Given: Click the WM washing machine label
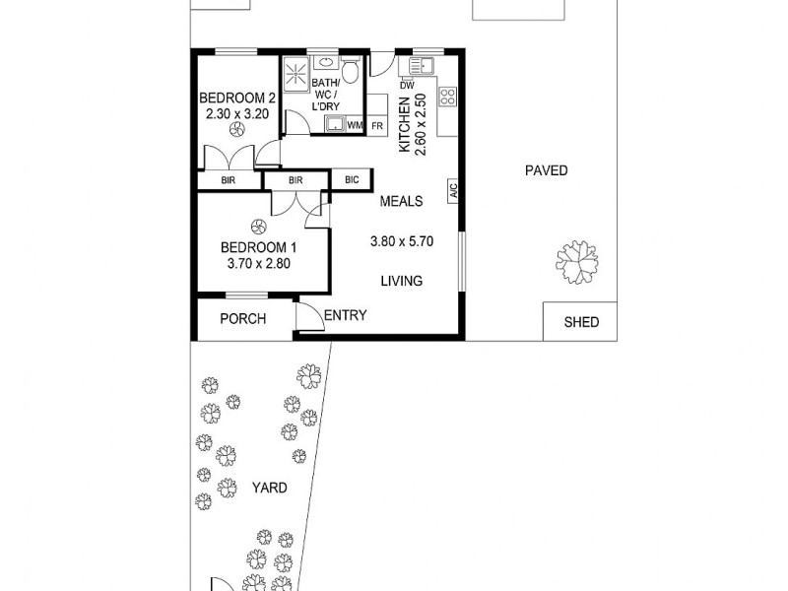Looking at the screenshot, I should pos(354,126).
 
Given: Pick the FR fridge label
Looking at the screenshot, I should pos(377,126).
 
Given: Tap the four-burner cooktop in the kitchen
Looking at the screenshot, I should pos(447,97).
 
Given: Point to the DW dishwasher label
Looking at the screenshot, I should pos(405,86).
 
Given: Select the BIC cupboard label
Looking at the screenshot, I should pos(351,180).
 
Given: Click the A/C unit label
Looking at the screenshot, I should pos(454,189).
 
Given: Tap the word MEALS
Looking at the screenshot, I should pos(402,202).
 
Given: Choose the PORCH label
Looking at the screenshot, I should pos(242,319).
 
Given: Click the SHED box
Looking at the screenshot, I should pos(580,322).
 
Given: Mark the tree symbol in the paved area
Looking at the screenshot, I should pos(577,260).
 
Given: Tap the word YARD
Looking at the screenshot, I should pos(268,488).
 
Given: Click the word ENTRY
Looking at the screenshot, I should pos(345,316).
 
